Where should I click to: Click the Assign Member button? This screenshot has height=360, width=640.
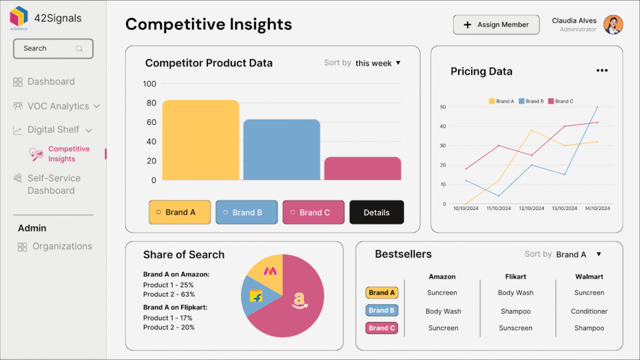tap(496, 25)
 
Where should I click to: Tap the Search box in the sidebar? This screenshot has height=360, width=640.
tap(53, 49)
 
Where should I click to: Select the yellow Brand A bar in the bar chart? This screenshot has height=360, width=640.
tap(201, 140)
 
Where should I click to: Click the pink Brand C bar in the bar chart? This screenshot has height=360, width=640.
tap(362, 168)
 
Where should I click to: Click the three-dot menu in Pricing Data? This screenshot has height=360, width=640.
tap(602, 71)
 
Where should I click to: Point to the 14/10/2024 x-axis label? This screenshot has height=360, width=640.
tap(597, 208)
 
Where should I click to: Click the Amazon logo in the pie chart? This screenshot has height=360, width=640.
tap(300, 301)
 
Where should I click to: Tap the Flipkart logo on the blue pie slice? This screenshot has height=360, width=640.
tap(256, 296)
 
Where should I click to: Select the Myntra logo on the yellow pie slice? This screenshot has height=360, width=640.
tap(271, 271)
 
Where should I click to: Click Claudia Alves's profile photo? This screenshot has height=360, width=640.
tap(613, 25)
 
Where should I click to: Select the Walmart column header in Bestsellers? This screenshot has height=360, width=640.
tap(589, 276)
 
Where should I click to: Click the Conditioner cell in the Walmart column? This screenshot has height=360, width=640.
tap(589, 311)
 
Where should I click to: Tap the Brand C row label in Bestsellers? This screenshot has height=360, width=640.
tap(381, 328)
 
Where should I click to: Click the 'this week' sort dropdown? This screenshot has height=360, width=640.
tap(377, 63)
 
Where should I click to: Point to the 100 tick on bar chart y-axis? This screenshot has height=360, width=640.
tap(149, 84)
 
